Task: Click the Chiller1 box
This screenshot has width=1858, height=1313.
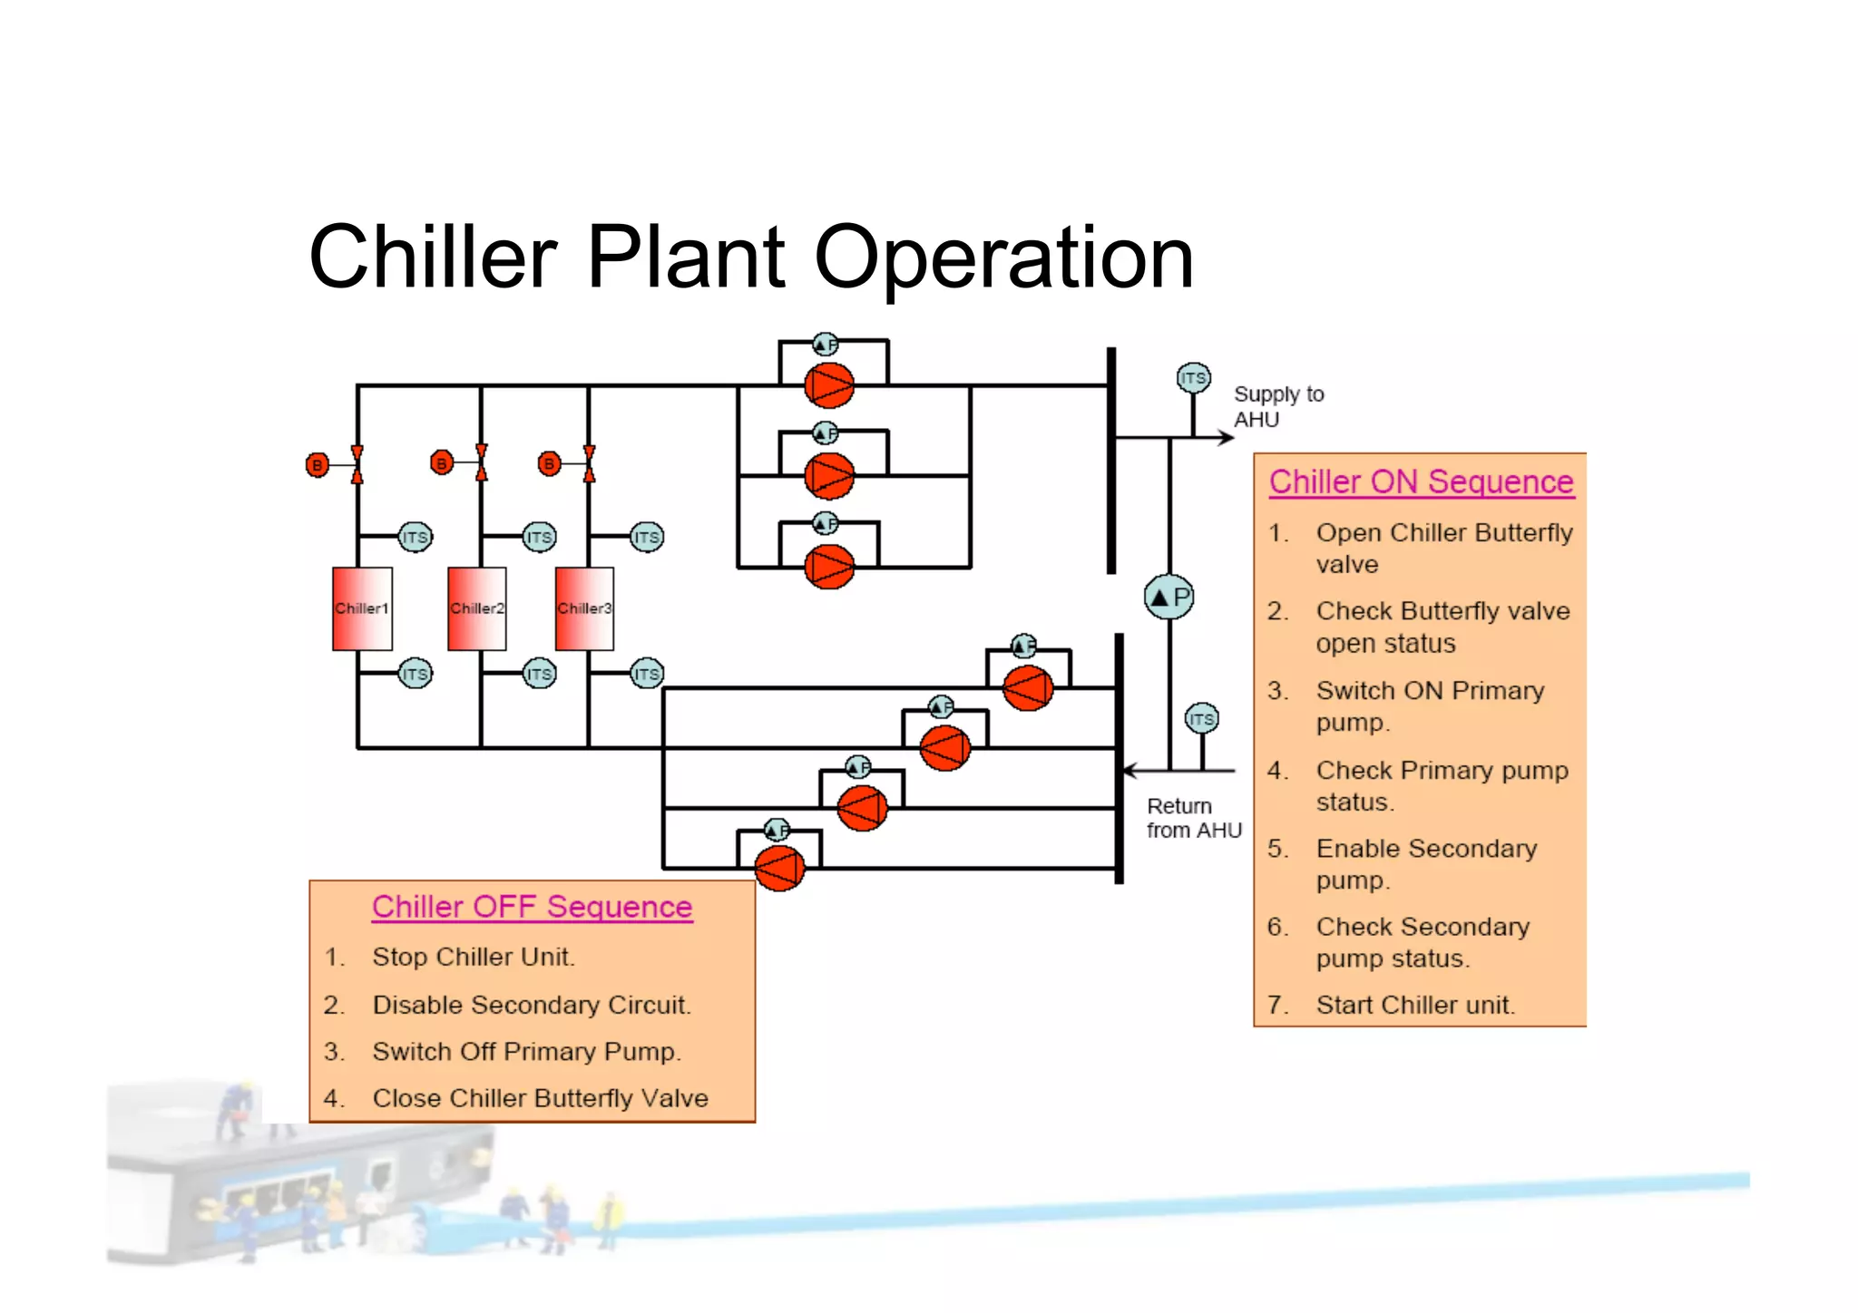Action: pyautogui.click(x=362, y=608)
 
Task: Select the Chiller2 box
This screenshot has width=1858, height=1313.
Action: pyautogui.click(x=477, y=608)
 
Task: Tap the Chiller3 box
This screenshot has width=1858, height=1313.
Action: pyautogui.click(x=584, y=608)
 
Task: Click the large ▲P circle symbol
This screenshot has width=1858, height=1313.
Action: pyautogui.click(x=1169, y=598)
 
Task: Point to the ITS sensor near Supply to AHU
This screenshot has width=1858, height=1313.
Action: pyautogui.click(x=1193, y=378)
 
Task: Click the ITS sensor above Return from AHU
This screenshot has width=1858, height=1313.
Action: pyautogui.click(x=1202, y=719)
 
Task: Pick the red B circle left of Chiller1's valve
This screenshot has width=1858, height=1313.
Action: pyautogui.click(x=317, y=465)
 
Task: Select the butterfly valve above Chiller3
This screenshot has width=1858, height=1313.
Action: pyautogui.click(x=589, y=463)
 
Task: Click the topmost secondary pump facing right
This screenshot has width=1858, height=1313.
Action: pyautogui.click(x=829, y=385)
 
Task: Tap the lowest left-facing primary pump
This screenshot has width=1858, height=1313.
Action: pyautogui.click(x=779, y=868)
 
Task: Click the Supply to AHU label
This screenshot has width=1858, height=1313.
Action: pyautogui.click(x=1277, y=406)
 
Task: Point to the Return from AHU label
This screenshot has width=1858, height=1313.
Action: pyautogui.click(x=1192, y=818)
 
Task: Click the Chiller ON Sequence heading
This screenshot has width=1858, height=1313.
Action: pyautogui.click(x=1421, y=481)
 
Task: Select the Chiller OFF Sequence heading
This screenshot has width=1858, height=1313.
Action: pyautogui.click(x=532, y=907)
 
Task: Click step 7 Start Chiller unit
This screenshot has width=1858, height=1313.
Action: pyautogui.click(x=1414, y=1005)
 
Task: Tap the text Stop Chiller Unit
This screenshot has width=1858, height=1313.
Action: pyautogui.click(x=473, y=957)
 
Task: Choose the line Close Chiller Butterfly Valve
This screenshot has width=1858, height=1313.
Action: pyautogui.click(x=540, y=1098)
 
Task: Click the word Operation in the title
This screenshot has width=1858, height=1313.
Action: pyautogui.click(x=1003, y=258)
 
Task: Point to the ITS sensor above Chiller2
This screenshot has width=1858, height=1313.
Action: pyautogui.click(x=539, y=537)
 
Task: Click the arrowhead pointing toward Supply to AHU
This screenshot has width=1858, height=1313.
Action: pyautogui.click(x=1226, y=438)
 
